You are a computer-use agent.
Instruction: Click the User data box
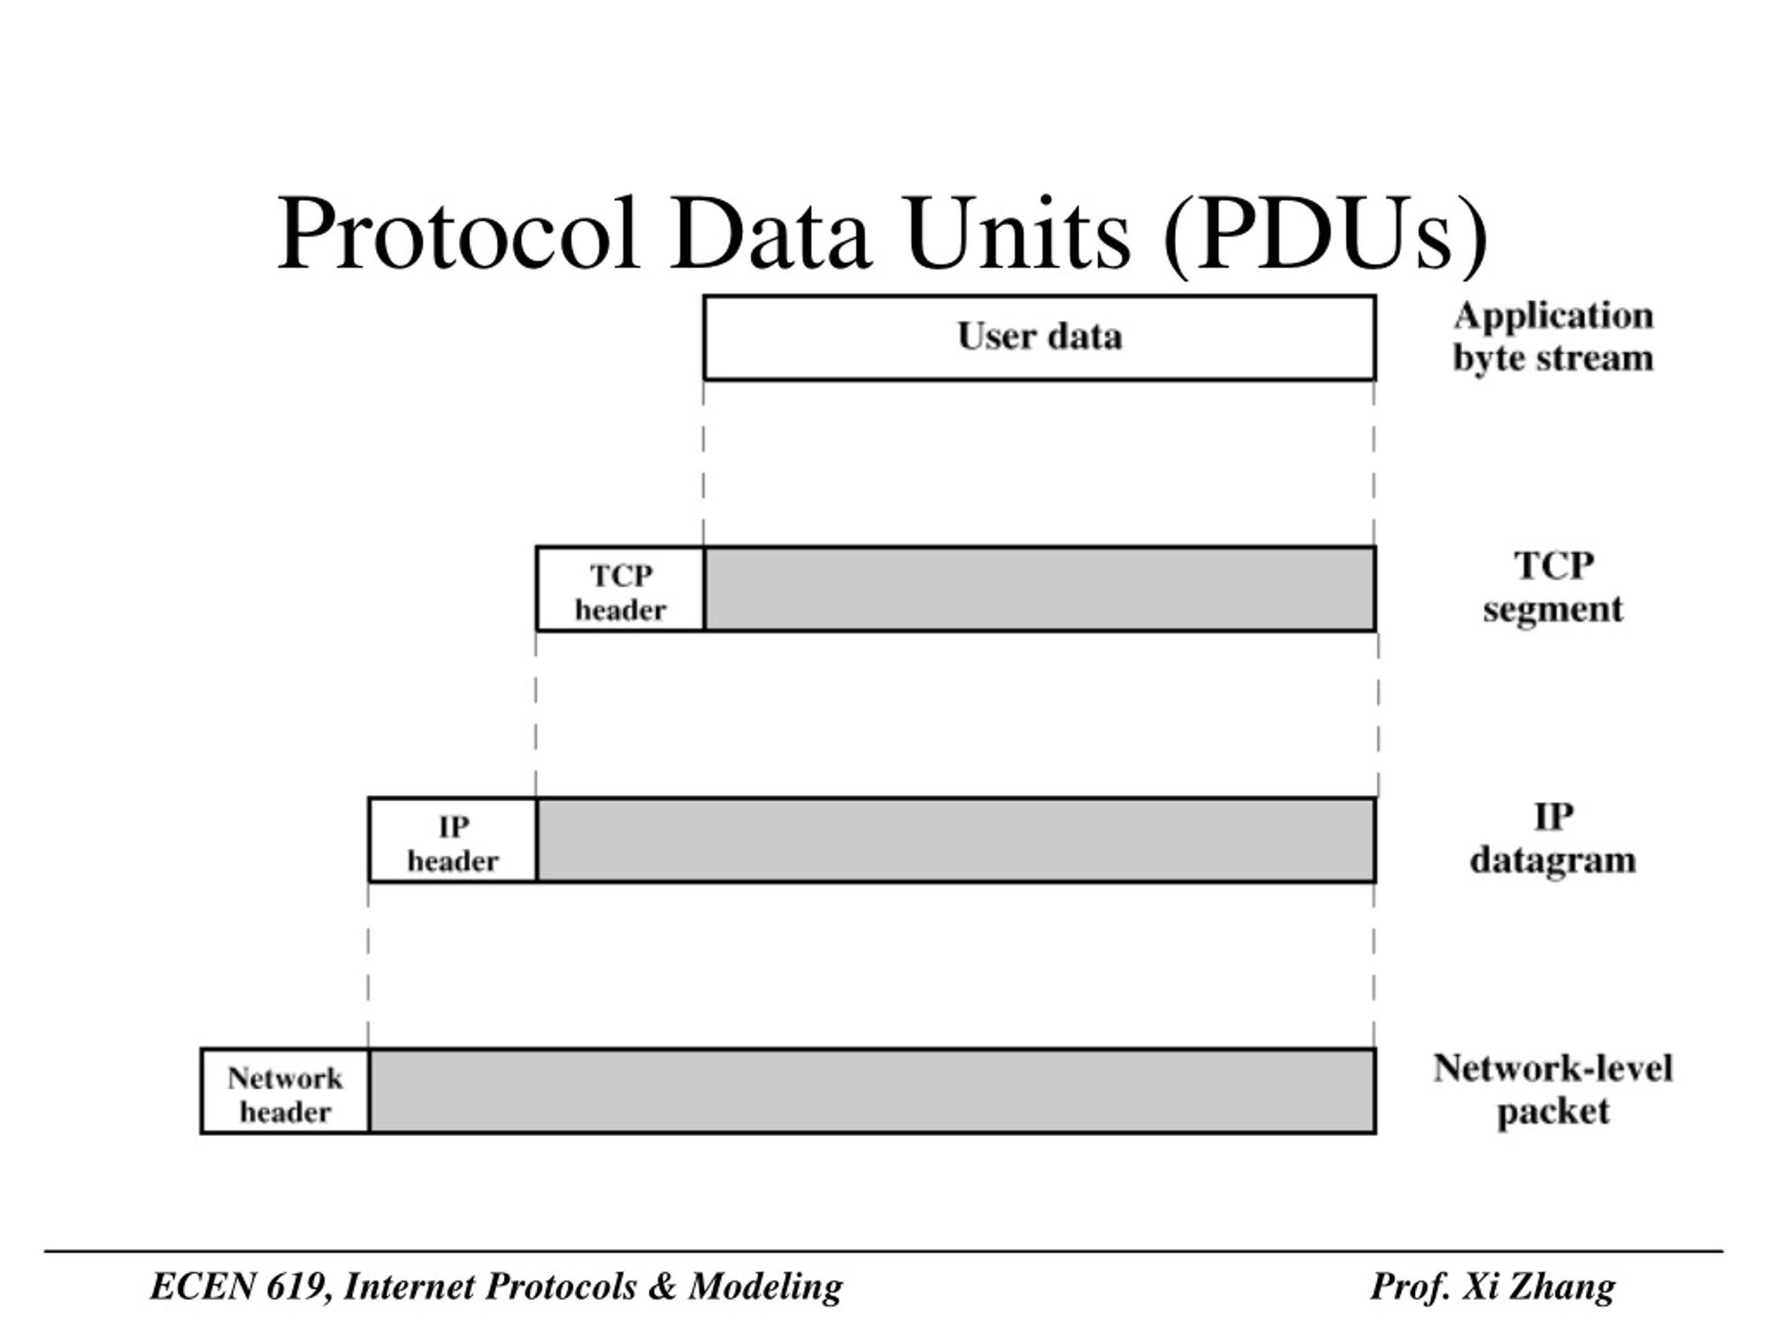(1039, 337)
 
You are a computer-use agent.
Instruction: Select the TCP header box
(620, 589)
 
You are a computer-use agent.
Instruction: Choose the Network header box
(284, 1091)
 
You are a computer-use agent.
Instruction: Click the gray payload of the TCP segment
(1040, 589)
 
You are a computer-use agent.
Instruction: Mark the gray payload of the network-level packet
(872, 1091)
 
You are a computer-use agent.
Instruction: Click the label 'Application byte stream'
(1553, 337)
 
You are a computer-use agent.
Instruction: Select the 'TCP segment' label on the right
(1553, 588)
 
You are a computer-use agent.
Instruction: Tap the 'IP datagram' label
(1553, 839)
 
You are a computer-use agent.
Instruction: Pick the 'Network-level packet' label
(1553, 1090)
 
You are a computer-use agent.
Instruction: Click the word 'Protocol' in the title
(458, 233)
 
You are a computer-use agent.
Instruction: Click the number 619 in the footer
(299, 1286)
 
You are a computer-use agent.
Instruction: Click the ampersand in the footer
(662, 1286)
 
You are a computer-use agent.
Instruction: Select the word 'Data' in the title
(770, 233)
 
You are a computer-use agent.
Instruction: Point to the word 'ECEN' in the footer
(202, 1286)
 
